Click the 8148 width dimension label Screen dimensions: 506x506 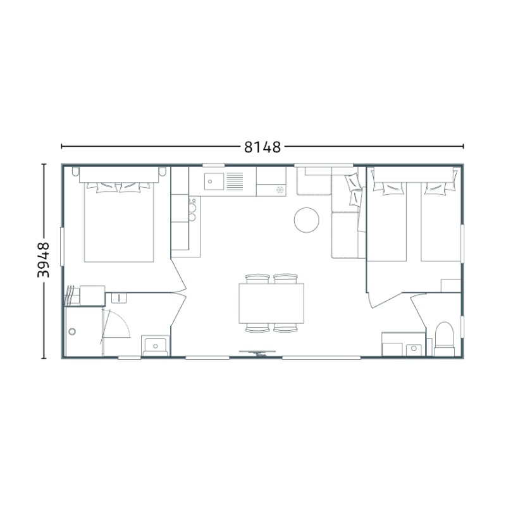coord(262,147)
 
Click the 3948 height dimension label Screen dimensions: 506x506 coord(43,260)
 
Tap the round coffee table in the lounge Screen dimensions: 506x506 coord(307,219)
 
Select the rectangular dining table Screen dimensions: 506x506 coord(271,304)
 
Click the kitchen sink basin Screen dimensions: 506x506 coord(214,182)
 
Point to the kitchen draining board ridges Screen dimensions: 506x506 coord(235,182)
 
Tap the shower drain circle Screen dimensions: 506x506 coord(72,331)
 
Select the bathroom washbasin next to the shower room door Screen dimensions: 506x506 coord(155,345)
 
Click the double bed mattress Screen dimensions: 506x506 coord(119,223)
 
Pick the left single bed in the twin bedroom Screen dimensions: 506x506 coord(386,222)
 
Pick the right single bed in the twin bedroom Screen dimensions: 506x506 coord(440,222)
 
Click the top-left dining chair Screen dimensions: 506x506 coord(257,279)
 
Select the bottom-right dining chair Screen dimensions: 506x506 coord(286,328)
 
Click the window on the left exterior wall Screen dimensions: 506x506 coord(62,247)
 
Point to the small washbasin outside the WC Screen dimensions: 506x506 coord(414,349)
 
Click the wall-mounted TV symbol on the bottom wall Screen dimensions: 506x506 coord(257,353)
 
